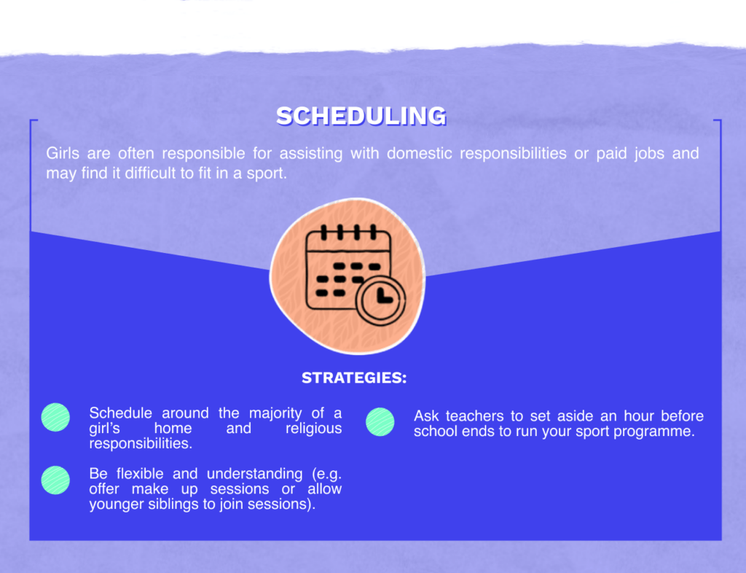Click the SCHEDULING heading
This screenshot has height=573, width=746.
[x=361, y=116]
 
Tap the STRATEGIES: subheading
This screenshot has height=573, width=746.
[x=354, y=378]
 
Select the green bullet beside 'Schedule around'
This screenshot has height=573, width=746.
[x=56, y=417]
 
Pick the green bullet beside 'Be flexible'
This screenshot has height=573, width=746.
[x=56, y=480]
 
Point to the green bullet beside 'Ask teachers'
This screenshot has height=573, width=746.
[x=380, y=421]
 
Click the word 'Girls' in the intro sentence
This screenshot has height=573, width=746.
[x=63, y=154]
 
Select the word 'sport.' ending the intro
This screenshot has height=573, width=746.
[x=267, y=175]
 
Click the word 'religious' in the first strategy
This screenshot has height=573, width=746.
[x=314, y=429]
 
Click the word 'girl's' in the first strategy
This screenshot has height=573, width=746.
[x=104, y=429]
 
